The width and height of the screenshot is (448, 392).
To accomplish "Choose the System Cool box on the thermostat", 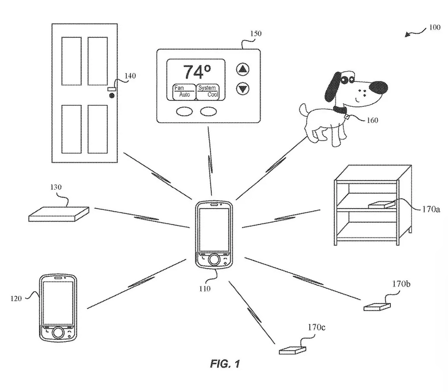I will (x=207, y=91).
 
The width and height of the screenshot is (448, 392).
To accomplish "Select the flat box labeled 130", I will (x=59, y=213).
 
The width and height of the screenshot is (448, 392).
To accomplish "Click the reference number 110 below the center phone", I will (x=205, y=288).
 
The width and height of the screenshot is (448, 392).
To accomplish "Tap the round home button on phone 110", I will (x=213, y=259).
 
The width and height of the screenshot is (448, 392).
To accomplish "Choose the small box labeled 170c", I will (x=292, y=349).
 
